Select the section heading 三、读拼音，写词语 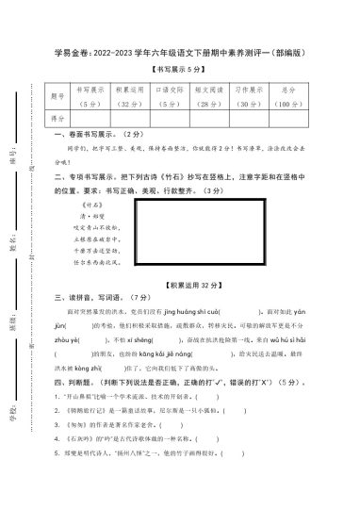click(x=92, y=297)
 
